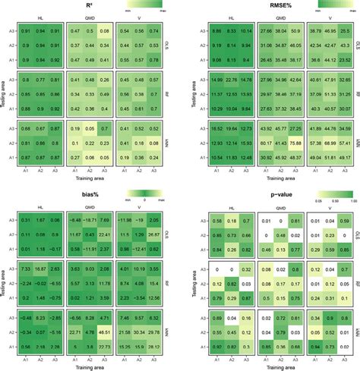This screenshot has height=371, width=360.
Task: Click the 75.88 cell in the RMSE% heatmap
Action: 294,143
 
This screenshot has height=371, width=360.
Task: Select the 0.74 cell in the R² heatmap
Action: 154,30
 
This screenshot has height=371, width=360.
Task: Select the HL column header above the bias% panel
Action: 39,207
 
